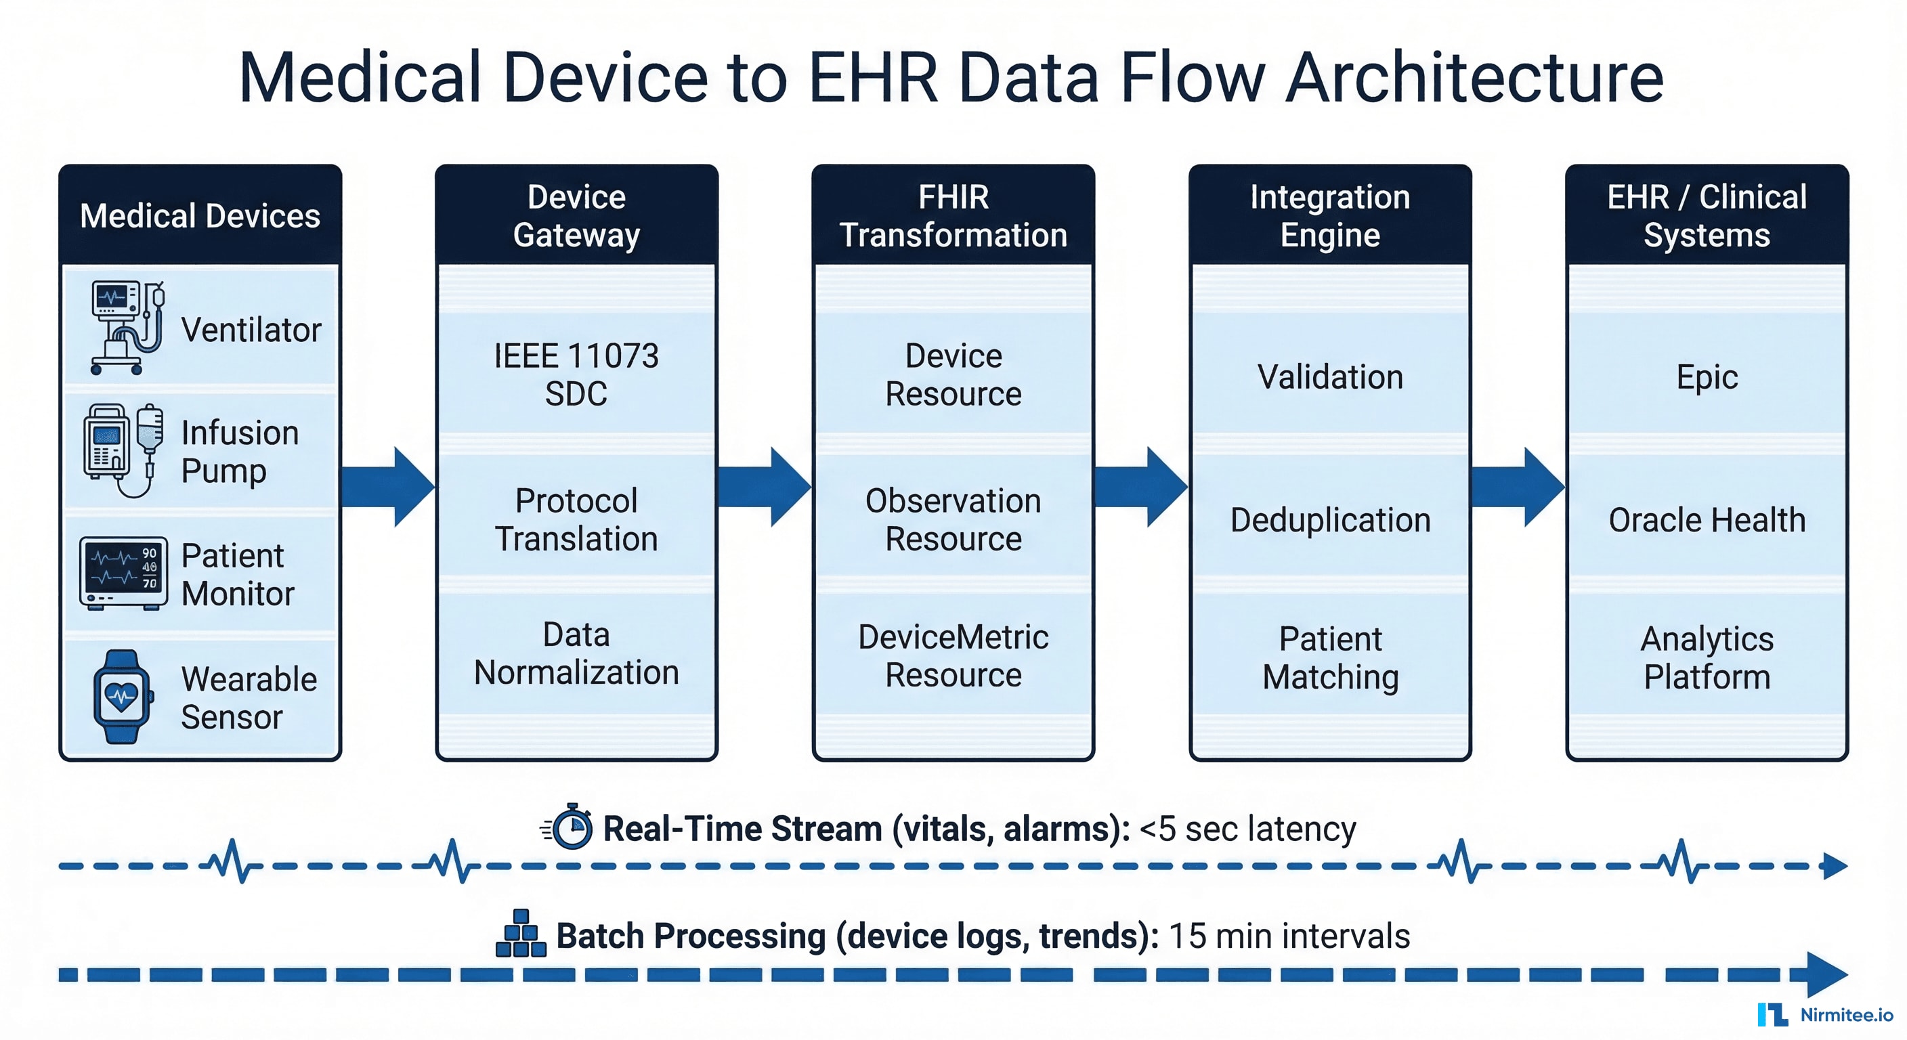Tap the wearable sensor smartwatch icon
click(123, 697)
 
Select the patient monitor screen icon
click(123, 573)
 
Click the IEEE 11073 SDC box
click(576, 374)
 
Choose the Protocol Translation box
click(576, 519)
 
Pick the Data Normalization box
click(576, 653)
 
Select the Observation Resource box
click(953, 519)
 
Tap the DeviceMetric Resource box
click(953, 655)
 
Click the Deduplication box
click(1329, 519)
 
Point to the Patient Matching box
click(1329, 657)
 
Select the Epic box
click(1707, 376)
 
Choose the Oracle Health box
click(1707, 519)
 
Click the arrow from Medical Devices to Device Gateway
click(389, 486)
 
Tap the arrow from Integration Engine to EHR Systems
click(1518, 486)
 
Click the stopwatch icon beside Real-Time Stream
click(571, 827)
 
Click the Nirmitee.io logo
click(1824, 1014)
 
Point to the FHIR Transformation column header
click(953, 215)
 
